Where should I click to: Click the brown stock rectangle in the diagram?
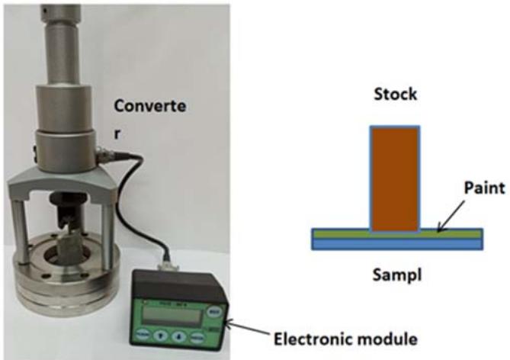(x=395, y=178)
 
